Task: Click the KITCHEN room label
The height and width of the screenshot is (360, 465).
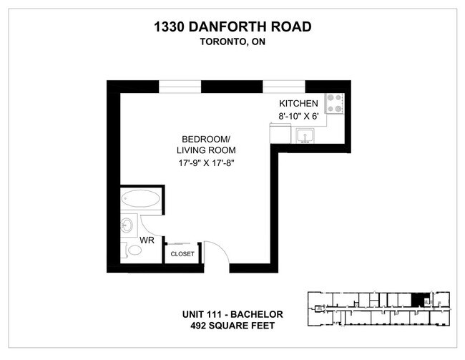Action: [299, 104]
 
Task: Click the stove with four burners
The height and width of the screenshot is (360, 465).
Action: [334, 104]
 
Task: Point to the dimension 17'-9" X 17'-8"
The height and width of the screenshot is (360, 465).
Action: [206, 163]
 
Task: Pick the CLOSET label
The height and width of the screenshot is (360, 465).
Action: [182, 253]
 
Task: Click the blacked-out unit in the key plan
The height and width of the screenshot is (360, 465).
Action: [418, 298]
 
